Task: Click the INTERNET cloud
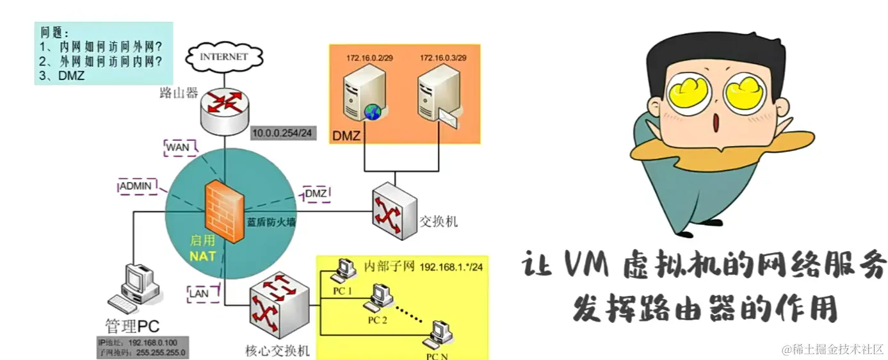(223, 56)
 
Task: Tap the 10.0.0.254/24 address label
(281, 133)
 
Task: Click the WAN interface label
(177, 147)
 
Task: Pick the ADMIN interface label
(137, 186)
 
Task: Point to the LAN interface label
(198, 293)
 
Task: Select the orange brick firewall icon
(223, 211)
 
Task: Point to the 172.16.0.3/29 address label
(442, 58)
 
